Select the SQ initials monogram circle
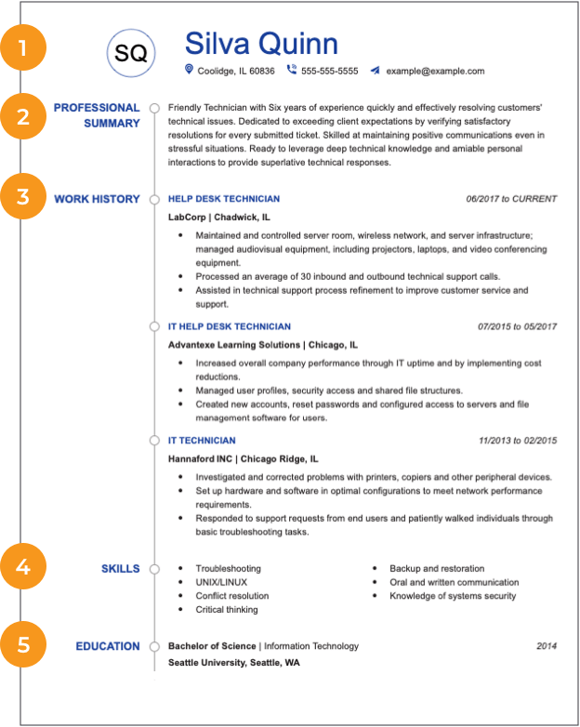pos(130,54)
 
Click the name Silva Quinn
pos(261,43)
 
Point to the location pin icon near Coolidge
pos(189,70)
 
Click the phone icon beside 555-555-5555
pos(292,70)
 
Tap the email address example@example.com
pos(435,71)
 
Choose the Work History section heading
pos(97,199)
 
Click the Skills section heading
pos(121,569)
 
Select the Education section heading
pos(108,646)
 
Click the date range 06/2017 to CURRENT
pos(511,199)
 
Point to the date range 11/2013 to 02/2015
pos(518,441)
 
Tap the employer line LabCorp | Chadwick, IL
pos(219,217)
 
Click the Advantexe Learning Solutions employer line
pos(261,345)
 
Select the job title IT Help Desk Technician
pos(229,327)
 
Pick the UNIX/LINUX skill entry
pos(221,583)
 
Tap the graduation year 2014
pos(547,646)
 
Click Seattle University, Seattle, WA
pos(234,664)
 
